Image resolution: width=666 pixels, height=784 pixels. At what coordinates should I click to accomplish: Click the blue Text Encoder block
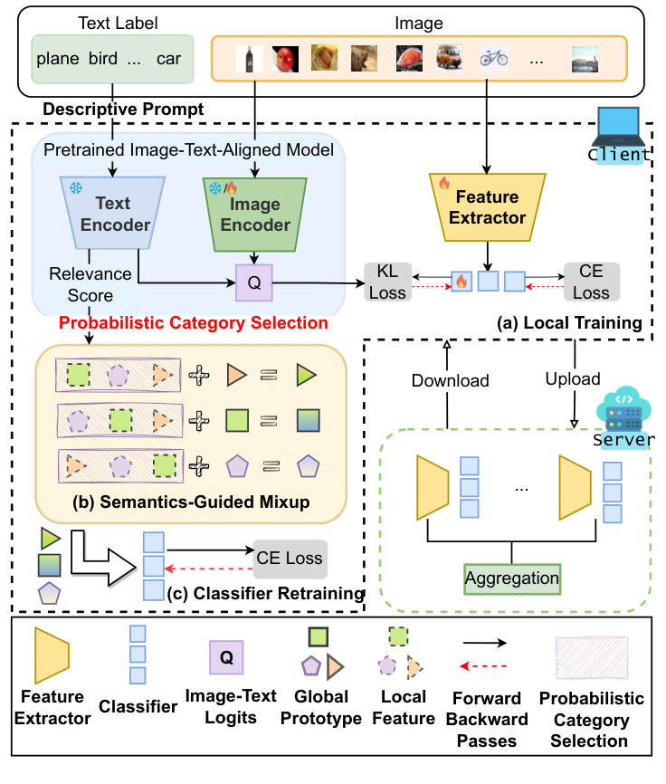click(115, 214)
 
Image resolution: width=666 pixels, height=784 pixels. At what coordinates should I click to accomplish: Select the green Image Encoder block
click(256, 214)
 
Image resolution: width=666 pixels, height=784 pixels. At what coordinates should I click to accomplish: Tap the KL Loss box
click(386, 281)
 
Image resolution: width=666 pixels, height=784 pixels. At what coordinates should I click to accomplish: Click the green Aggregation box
click(512, 578)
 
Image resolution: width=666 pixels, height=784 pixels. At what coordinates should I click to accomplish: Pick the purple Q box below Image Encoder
click(255, 282)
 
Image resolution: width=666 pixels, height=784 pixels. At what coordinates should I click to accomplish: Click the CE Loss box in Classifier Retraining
click(290, 558)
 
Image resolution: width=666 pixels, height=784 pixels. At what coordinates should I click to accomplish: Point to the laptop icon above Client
click(618, 126)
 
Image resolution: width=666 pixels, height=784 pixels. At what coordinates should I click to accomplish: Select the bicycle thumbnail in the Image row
click(493, 59)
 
